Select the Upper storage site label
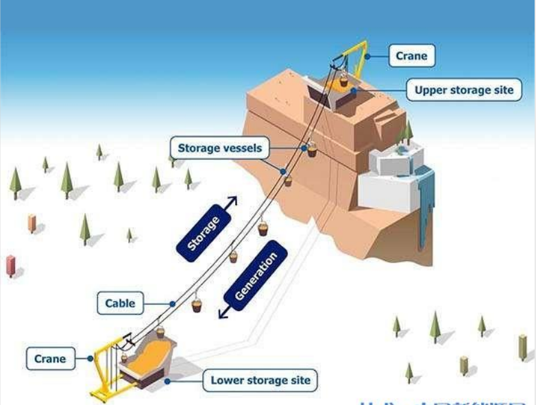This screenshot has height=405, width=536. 464,90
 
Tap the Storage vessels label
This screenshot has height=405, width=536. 219,148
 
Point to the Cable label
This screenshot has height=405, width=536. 120,303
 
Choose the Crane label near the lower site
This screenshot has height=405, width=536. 50,358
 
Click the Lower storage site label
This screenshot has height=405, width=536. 260,380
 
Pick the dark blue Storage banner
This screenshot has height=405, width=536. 204,233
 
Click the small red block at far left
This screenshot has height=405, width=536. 10,265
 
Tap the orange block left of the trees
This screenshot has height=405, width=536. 32,223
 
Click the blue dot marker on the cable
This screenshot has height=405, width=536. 173,303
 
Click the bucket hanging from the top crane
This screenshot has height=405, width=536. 343,81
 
